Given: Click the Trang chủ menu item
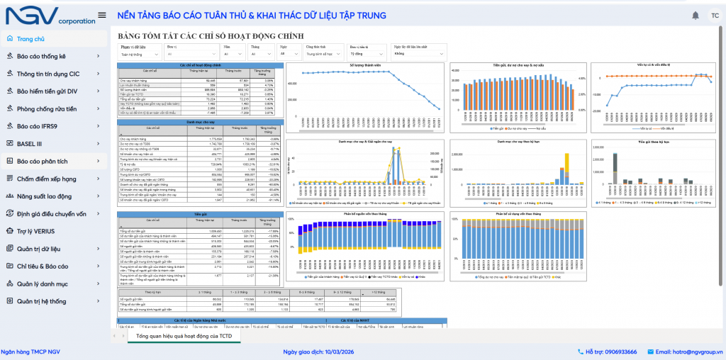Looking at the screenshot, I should pos(30,39).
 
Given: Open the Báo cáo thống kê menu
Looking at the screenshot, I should pos(41,56).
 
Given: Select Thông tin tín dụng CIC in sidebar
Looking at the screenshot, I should pos(48,74).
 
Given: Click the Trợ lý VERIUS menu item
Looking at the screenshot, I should pos(36,231).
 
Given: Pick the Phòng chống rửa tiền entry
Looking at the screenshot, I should pos(47,108).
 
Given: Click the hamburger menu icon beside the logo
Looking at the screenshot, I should pos(102,16).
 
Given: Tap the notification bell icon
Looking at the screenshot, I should pos(695,16).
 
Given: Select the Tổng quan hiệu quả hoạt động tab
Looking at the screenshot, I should pos(184,335).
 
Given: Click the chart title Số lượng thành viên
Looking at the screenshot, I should pos(365,64).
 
